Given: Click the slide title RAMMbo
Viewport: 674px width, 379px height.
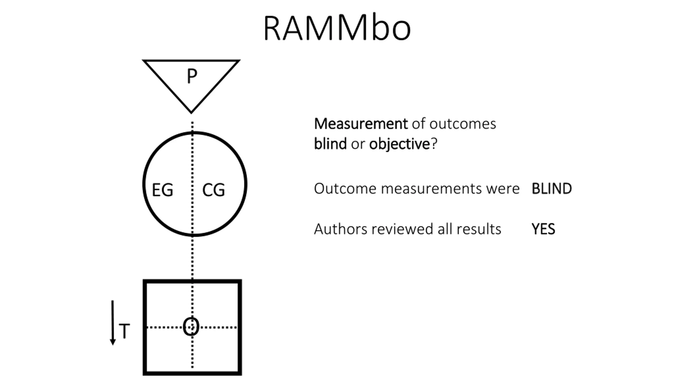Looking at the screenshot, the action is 337,28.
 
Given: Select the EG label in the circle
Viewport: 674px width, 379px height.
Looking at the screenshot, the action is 163,190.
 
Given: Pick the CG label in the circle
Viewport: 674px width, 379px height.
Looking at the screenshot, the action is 214,190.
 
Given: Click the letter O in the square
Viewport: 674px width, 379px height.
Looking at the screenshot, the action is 191,326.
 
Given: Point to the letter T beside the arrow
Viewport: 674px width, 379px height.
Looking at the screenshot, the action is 124,331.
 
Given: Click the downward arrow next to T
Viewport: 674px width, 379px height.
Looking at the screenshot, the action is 113,323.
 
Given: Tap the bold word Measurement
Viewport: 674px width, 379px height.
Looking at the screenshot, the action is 361,124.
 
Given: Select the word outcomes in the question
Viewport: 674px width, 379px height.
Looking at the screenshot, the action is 463,124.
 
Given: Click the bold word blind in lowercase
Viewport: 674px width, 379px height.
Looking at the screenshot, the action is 330,144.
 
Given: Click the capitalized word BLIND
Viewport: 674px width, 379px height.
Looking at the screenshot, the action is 552,189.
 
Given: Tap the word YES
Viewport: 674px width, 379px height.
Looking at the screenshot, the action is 543,229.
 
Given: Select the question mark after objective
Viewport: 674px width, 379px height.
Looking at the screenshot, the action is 434,144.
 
